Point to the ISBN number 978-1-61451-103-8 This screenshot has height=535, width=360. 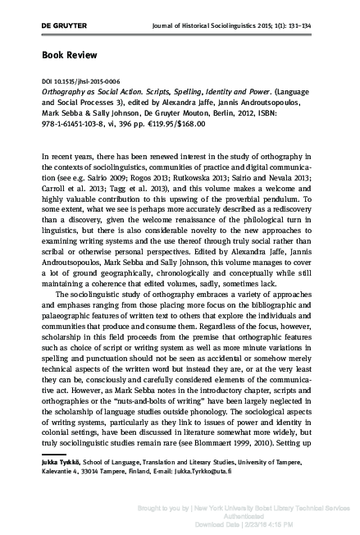[84, 120]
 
